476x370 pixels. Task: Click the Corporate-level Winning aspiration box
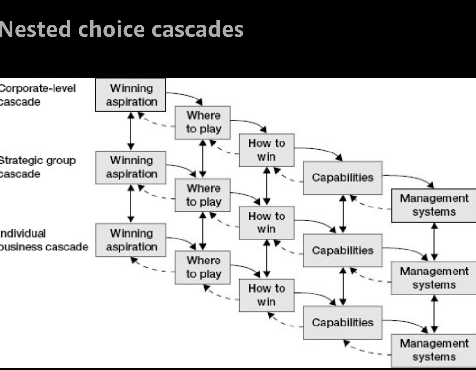point(130,95)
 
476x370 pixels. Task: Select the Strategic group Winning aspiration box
point(130,167)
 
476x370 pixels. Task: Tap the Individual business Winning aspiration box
point(130,240)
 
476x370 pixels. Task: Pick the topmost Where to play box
point(203,123)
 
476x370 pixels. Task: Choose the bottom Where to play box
point(203,268)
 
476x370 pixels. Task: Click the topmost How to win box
point(267,150)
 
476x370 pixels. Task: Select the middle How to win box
point(267,223)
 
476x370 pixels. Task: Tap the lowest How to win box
point(267,295)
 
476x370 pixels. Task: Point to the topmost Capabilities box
point(343,177)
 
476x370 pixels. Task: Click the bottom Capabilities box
point(343,323)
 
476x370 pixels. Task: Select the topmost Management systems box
point(434,206)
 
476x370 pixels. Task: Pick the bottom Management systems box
point(434,350)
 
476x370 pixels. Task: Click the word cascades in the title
point(197,30)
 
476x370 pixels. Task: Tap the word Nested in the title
point(35,29)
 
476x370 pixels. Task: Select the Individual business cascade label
point(43,240)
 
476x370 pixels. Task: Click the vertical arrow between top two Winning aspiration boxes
point(131,131)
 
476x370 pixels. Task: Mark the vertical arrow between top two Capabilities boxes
point(343,214)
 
